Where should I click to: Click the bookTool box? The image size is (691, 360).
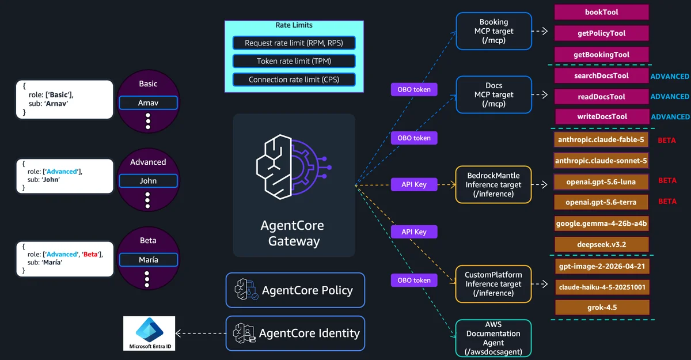coord(601,12)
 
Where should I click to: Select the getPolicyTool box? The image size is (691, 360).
coord(601,33)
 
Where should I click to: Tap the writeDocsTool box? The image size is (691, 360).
coord(602,116)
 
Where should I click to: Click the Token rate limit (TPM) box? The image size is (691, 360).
coord(294,61)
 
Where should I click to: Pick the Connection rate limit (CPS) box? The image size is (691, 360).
coord(294,79)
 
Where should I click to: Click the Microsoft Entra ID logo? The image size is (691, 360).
coord(149,333)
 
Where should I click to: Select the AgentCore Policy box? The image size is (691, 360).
coord(295,290)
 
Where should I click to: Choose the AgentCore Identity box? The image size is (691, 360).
coord(295,333)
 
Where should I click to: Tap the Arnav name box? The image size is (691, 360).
coord(148,103)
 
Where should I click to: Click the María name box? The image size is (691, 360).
coord(149,260)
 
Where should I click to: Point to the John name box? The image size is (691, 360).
coord(148,181)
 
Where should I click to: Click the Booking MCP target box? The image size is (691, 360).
coord(493,31)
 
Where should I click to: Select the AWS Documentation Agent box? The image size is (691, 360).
coord(493,338)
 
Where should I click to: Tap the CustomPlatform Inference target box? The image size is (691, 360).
coord(493,284)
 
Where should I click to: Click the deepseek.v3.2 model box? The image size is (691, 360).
coord(602,245)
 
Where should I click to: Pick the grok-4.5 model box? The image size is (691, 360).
coord(602,307)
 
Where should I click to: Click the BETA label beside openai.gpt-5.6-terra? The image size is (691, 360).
coord(667,202)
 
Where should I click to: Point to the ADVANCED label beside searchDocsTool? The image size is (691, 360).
coord(670,76)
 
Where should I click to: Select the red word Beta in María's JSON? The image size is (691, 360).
coord(90,254)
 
